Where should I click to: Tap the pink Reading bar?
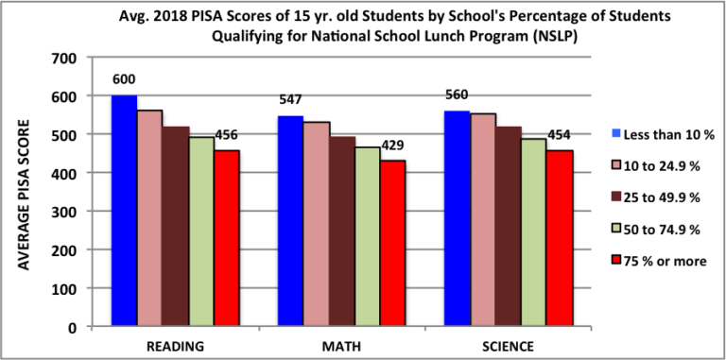[149, 218]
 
